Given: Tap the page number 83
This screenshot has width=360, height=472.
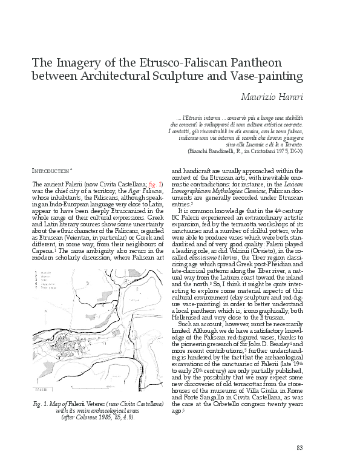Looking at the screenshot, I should [x=299, y=448].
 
